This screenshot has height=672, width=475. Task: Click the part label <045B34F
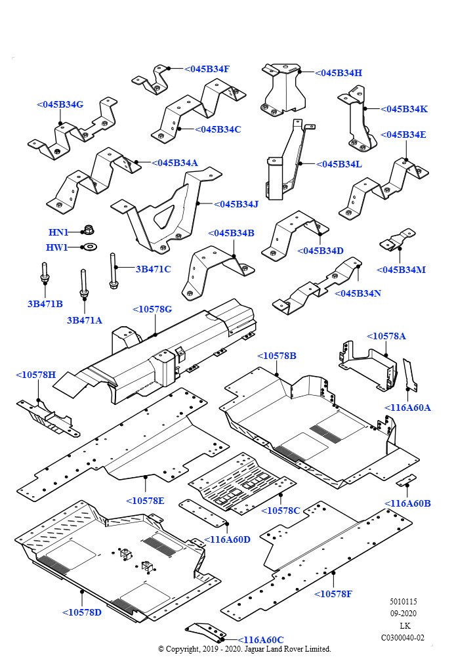point(207,69)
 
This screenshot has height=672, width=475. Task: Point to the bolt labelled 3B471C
point(114,270)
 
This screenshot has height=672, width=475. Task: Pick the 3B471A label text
point(85,320)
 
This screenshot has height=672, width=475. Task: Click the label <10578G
point(152,309)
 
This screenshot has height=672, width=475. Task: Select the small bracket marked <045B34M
point(398,240)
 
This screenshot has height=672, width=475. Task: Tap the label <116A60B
point(407,503)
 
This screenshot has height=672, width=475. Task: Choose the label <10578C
point(280,510)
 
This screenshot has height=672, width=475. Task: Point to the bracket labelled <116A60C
point(203,631)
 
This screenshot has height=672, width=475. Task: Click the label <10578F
point(333,594)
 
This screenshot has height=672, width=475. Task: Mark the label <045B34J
point(236,204)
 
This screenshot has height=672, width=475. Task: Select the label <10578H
point(35,375)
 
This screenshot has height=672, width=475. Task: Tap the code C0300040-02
point(402,637)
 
